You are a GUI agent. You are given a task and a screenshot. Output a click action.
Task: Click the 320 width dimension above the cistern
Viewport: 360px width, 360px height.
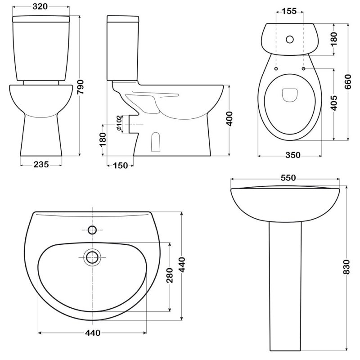40,6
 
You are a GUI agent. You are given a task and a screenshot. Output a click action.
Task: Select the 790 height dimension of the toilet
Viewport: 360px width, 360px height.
81,87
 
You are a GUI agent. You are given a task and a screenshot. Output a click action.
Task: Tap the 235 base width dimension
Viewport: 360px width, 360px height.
41,164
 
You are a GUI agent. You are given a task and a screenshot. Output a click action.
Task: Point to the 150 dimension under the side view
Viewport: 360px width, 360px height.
121,165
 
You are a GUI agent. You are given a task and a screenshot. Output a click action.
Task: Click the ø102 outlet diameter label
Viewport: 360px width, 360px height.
119,123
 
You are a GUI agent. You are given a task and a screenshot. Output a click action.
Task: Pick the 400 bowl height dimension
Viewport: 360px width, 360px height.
229,119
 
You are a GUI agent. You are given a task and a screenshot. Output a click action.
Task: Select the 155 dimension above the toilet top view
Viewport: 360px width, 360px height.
289,11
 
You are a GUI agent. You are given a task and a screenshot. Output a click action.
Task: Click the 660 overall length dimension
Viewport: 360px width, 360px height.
348,82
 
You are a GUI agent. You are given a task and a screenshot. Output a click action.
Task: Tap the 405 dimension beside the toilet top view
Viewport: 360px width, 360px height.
334,103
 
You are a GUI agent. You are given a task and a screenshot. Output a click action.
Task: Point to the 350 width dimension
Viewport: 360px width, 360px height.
293,155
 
